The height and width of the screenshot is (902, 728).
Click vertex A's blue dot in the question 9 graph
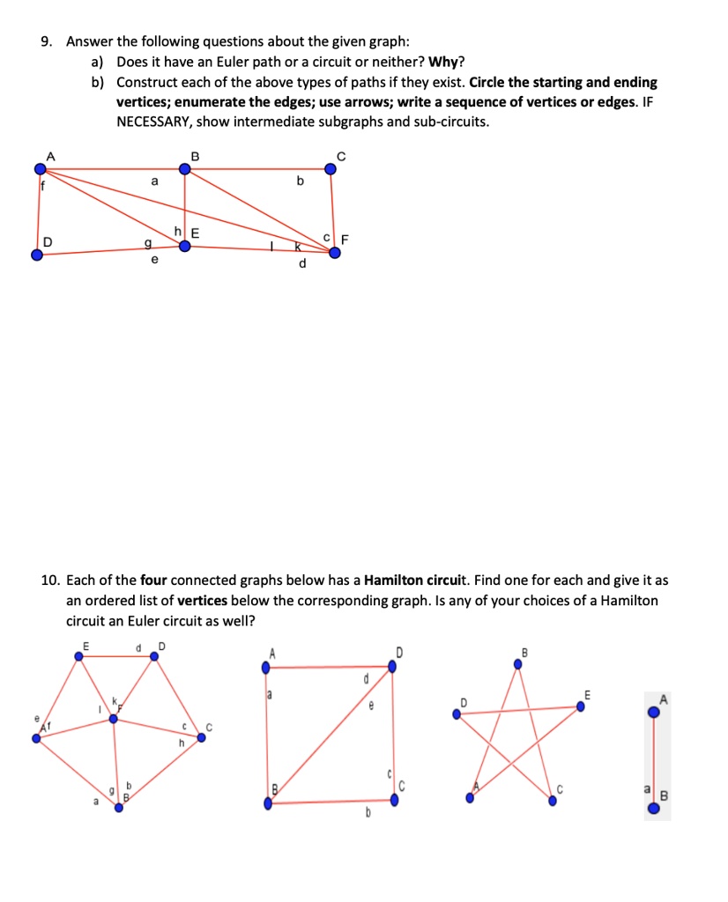pos(39,169)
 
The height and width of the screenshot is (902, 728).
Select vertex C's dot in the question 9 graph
pos(331,170)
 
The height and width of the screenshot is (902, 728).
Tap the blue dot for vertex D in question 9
pos(37,255)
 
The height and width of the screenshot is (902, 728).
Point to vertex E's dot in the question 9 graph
pos(184,247)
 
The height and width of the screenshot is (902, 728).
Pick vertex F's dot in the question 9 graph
pos(335,252)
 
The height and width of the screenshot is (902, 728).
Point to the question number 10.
pos(49,580)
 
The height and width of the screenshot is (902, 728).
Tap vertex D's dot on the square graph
pos(392,667)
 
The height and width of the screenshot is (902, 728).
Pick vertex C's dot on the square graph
pos(394,800)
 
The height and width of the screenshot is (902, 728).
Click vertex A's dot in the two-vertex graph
pos(653,711)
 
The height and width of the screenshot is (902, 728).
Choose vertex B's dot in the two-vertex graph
pos(653,807)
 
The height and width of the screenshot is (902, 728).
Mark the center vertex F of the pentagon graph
pos(113,719)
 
